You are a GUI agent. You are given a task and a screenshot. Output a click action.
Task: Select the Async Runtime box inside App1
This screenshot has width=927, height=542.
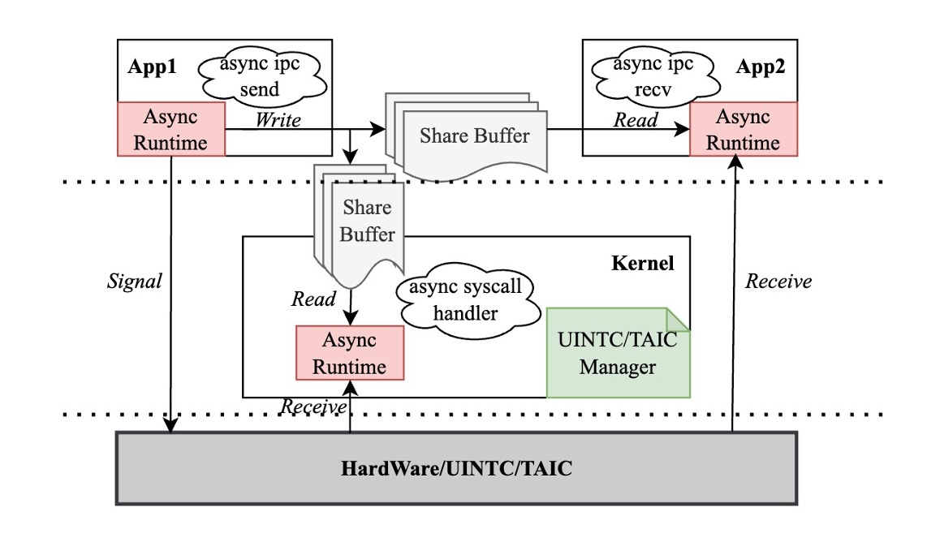(x=170, y=129)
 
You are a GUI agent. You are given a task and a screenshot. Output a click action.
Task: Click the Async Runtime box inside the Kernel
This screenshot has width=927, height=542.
(x=350, y=352)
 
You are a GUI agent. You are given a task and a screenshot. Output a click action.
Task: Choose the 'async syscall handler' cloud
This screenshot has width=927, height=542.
(x=463, y=300)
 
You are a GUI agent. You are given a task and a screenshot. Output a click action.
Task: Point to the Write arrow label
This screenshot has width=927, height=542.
(x=278, y=120)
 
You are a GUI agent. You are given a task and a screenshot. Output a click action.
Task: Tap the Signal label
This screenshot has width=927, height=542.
(x=136, y=282)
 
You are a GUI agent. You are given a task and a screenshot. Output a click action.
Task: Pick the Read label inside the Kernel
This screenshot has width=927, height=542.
(x=313, y=299)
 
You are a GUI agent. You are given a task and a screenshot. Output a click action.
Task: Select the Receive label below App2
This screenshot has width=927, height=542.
(x=778, y=282)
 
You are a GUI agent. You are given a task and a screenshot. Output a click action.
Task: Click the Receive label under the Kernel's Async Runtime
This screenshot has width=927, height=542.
(x=314, y=405)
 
